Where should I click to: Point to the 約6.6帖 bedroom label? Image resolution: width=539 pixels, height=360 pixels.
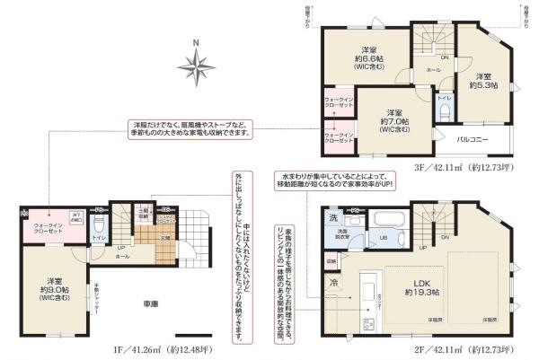(x=367, y=56)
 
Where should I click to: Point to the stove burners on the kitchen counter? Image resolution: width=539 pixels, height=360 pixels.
(x=368, y=322)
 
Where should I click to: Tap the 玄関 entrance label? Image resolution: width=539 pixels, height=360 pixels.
(x=165, y=237)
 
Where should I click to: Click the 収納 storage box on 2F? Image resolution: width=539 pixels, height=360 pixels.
(x=331, y=262)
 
